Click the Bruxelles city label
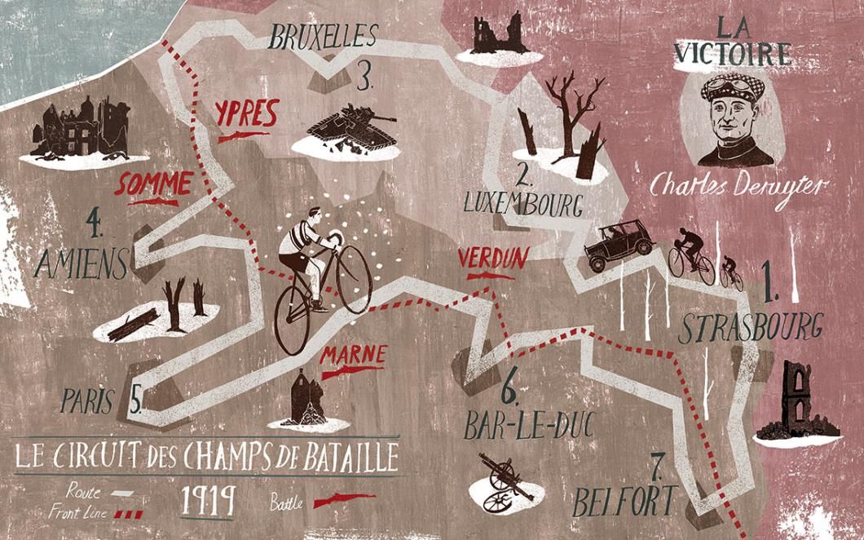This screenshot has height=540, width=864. click(324, 37)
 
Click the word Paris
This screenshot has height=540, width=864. click(90, 400)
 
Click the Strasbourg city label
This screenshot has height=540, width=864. click(749, 329)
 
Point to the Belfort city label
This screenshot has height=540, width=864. click(625, 500)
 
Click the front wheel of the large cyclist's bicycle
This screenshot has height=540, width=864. click(354, 277)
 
